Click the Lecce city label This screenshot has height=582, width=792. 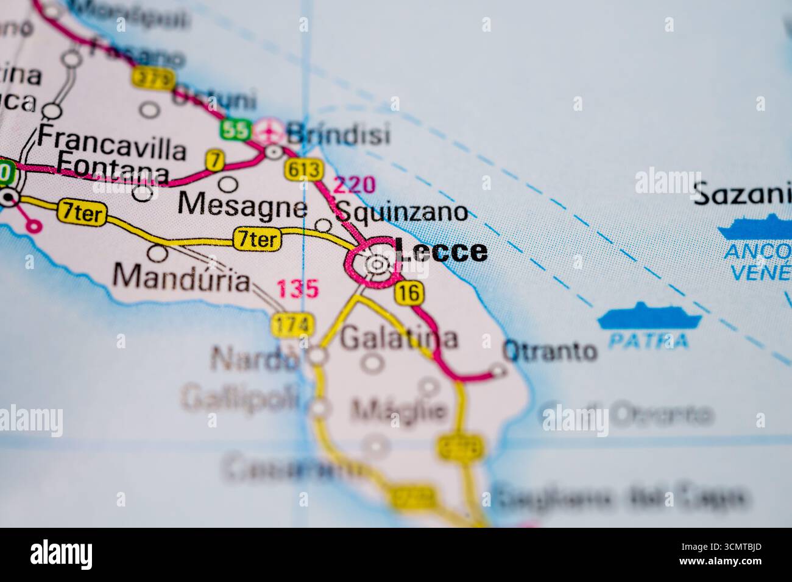point(441,251)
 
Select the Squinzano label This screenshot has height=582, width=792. point(402,212)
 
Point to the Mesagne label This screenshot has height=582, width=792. point(242,206)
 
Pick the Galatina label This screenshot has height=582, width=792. point(398,338)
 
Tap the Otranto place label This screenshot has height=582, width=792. point(550,351)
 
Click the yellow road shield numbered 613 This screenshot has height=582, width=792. point(303,170)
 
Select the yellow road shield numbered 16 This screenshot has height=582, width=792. point(409,293)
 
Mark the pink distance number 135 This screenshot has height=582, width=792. point(298,289)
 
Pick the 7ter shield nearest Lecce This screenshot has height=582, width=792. point(258,240)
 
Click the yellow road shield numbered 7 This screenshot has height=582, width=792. point(214,161)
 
